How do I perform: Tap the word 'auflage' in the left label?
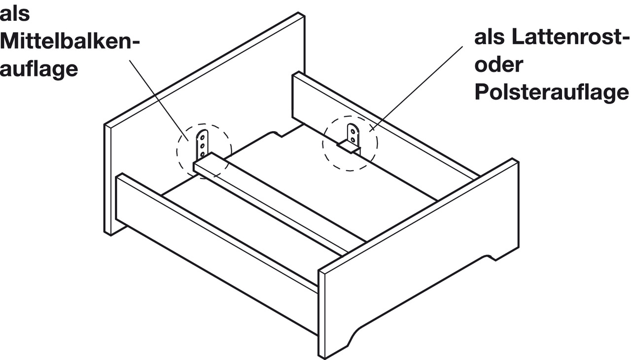coord(39,69)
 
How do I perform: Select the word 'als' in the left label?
coord(15,15)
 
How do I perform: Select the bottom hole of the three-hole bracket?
coord(203,155)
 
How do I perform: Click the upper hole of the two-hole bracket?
coord(353,131)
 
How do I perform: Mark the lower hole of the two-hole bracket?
coord(353,140)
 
